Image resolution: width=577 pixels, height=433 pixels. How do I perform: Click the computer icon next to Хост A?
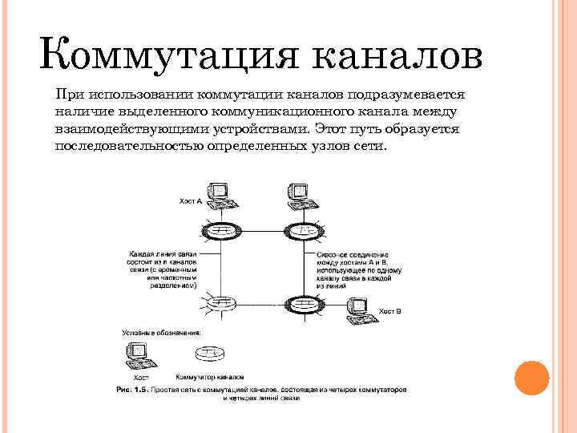(217, 193)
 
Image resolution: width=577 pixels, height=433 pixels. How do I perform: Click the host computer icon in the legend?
(137, 354)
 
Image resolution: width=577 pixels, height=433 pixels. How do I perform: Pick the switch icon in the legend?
(208, 354)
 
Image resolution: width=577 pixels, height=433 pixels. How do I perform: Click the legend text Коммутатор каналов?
(209, 375)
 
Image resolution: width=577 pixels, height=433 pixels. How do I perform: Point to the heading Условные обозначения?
(161, 332)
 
